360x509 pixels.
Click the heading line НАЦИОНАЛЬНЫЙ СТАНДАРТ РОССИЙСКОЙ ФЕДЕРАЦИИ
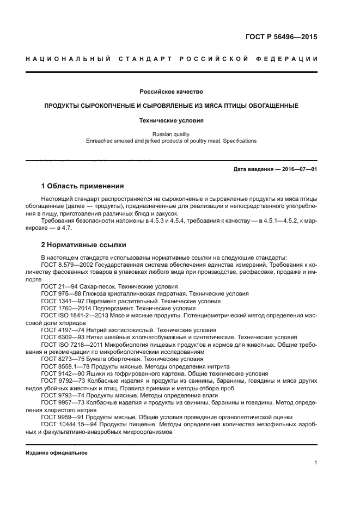point(172,58)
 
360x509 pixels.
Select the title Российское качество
point(171,91)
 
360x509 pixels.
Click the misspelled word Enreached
point(100,140)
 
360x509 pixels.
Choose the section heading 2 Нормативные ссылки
point(83,245)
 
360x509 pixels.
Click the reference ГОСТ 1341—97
point(62,301)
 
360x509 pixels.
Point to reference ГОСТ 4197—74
point(62,330)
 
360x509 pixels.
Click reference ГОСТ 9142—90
point(62,374)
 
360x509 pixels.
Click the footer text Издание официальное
point(56,452)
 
